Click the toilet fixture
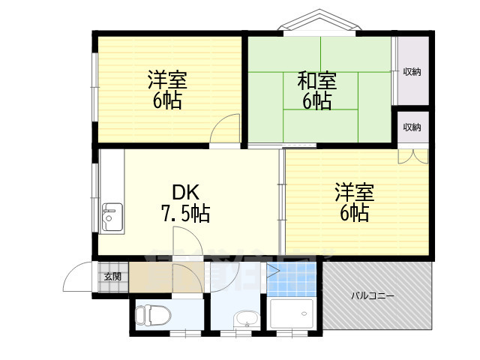[x=153, y=315]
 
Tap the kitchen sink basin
[x=112, y=217]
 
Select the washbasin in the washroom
[x=247, y=319]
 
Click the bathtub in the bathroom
[x=292, y=313]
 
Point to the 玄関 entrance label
[x=112, y=277]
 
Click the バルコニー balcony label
[x=372, y=296]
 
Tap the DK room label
[x=186, y=192]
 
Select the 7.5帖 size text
[x=185, y=213]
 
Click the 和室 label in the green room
[x=316, y=80]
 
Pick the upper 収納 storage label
[x=412, y=72]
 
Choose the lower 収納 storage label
[x=412, y=127]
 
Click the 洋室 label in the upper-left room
[x=167, y=79]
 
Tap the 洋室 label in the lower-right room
[x=355, y=192]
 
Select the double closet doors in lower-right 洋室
[x=413, y=156]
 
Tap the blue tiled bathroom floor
[x=291, y=280]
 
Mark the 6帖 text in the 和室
[x=316, y=100]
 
